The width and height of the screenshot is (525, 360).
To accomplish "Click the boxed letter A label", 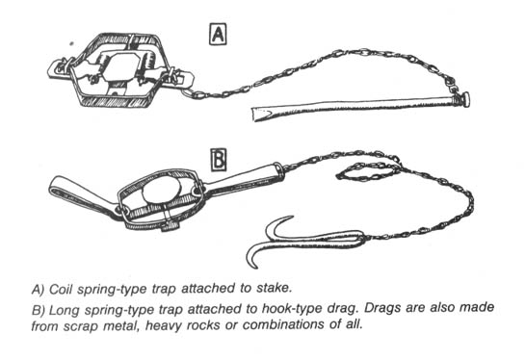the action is click(x=218, y=34).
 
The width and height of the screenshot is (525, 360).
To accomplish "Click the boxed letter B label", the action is click(x=219, y=160).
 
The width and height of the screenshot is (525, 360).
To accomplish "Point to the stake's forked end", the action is click(x=258, y=114).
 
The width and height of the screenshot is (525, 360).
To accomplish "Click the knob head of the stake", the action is click(x=465, y=99).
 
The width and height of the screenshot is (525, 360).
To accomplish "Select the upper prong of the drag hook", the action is click(x=277, y=227).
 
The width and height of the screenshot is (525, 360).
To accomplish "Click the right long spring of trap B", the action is click(x=245, y=179).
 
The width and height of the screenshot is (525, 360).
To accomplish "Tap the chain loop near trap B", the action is click(x=368, y=171).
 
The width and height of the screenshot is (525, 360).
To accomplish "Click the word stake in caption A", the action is click(x=273, y=288).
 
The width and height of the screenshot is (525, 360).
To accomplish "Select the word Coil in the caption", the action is click(x=61, y=289).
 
